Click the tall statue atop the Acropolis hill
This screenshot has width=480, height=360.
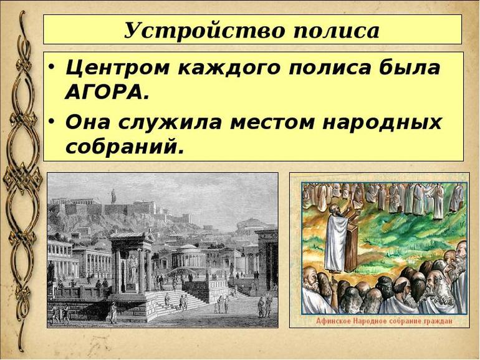coord(113,195)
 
